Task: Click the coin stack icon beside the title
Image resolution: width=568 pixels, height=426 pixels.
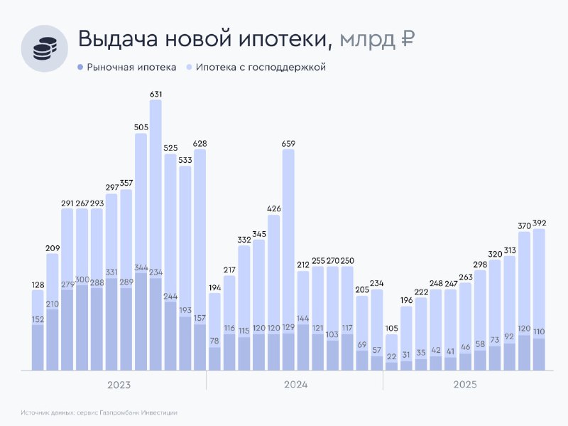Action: pyautogui.click(x=44, y=48)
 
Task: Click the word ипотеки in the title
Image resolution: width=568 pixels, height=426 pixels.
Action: pyautogui.click(x=273, y=41)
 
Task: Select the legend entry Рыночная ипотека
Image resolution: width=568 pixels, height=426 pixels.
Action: pyautogui.click(x=126, y=68)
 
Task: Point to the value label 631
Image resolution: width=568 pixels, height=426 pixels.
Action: pyautogui.click(x=155, y=94)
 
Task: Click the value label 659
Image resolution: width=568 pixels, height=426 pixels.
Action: pyautogui.click(x=288, y=144)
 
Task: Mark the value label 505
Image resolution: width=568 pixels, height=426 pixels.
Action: pyautogui.click(x=141, y=127)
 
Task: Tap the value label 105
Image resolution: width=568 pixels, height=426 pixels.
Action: pyautogui.click(x=391, y=329)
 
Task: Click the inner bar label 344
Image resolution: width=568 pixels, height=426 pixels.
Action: pyautogui.click(x=141, y=268)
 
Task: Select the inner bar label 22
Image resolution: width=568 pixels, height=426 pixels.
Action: pyautogui.click(x=391, y=356)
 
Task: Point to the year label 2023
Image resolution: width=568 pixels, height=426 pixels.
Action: pyautogui.click(x=119, y=385)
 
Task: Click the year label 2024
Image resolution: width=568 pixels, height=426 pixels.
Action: pyautogui.click(x=295, y=385)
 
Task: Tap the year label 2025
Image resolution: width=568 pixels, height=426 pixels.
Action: pyautogui.click(x=465, y=385)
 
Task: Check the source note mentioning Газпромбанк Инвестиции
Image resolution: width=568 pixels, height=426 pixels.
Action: pyautogui.click(x=99, y=412)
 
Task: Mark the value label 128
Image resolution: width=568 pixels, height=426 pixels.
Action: pyautogui.click(x=38, y=284)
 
